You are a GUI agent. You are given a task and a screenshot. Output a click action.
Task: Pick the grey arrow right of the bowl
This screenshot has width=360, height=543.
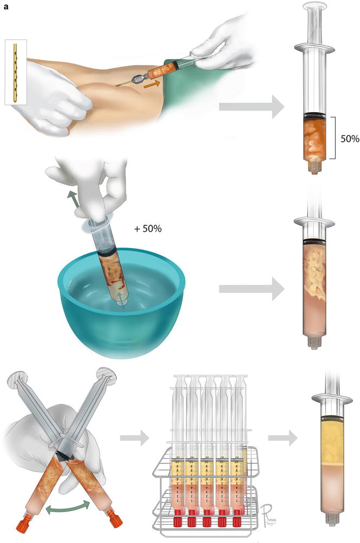[251, 290]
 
